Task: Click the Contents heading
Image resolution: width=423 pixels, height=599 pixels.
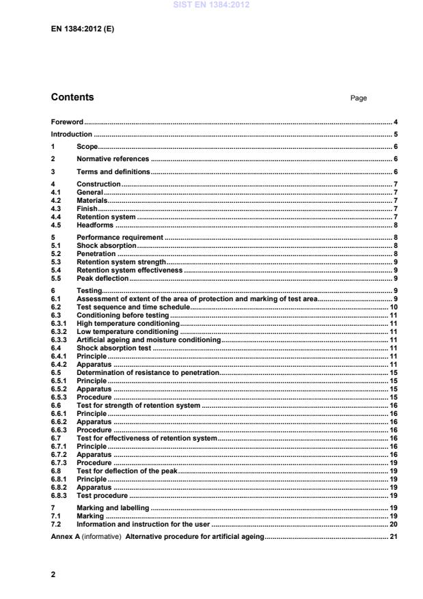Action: point(72,98)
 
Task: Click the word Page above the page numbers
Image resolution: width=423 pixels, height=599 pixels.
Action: point(359,98)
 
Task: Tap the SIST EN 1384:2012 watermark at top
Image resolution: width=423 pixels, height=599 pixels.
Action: point(212,5)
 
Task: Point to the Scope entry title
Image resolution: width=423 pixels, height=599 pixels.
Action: point(87,147)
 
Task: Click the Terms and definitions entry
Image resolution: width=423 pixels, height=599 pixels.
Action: point(113,171)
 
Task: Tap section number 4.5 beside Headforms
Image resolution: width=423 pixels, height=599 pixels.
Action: point(57,225)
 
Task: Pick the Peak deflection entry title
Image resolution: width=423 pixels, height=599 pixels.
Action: point(103,278)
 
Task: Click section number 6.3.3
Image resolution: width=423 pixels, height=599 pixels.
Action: point(59,339)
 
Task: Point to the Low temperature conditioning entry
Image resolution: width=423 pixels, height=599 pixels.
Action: point(127,331)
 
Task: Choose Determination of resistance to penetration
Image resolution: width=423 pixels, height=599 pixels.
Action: point(147,372)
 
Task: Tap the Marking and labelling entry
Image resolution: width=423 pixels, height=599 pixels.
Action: point(113,508)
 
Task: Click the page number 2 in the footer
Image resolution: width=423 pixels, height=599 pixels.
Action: point(53,574)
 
